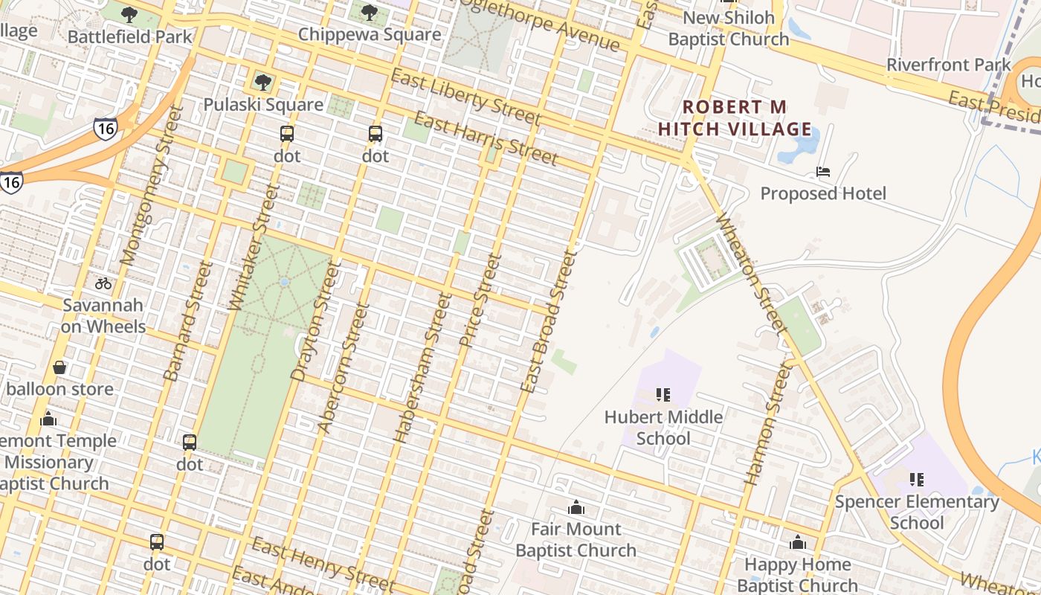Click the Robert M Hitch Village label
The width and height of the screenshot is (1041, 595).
click(735, 118)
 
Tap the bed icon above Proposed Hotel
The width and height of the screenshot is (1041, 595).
click(823, 172)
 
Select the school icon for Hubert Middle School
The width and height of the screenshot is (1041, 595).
click(663, 395)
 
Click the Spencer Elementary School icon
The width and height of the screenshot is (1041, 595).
click(917, 480)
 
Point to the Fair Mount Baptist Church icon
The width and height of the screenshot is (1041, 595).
click(576, 508)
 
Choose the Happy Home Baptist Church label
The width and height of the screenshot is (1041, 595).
click(797, 575)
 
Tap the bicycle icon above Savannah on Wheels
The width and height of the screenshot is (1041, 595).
click(103, 283)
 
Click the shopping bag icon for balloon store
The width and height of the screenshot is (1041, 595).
click(59, 367)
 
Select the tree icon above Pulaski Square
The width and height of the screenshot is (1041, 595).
click(262, 82)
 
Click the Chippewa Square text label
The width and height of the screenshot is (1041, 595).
click(370, 35)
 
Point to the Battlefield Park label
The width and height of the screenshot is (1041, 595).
click(129, 36)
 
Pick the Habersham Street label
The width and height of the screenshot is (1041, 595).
click(422, 368)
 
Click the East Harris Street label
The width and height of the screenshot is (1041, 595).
click(486, 138)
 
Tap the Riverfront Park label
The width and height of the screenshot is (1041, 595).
click(949, 65)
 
